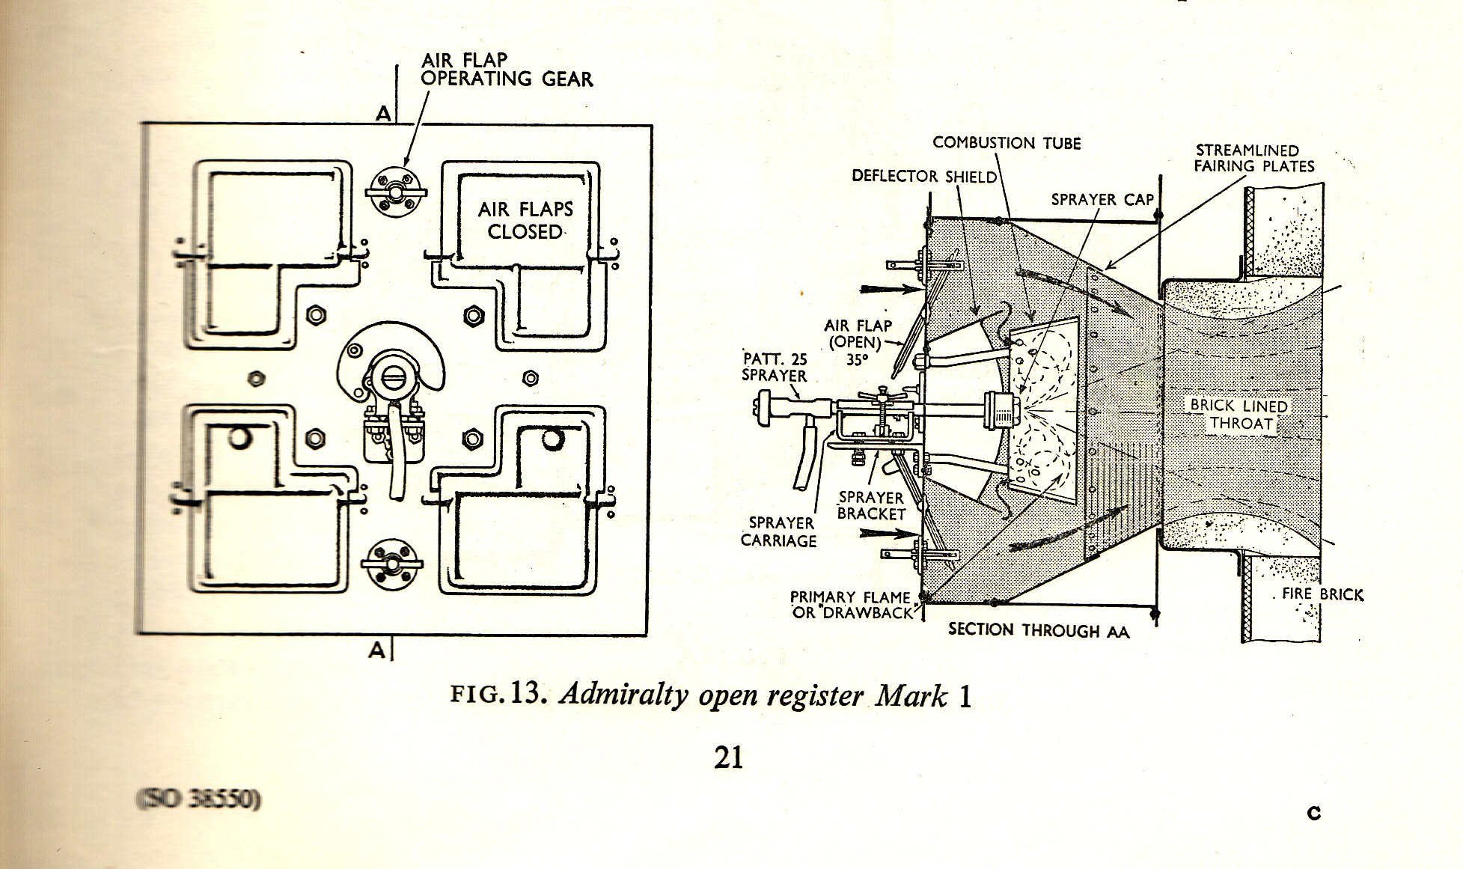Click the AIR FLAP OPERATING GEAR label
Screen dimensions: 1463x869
(507, 70)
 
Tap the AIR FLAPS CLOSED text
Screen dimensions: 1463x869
(525, 220)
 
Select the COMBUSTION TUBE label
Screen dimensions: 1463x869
(1007, 143)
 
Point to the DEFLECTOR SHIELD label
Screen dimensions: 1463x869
(924, 177)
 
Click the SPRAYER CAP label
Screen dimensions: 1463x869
(1102, 200)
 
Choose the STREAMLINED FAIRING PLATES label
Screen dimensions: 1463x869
(1253, 159)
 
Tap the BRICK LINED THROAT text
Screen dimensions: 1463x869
(1238, 415)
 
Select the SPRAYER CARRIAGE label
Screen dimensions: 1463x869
(778, 531)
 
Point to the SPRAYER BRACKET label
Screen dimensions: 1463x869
(871, 505)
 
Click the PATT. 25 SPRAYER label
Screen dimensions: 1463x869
(775, 367)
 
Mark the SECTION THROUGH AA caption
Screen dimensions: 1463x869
(1039, 630)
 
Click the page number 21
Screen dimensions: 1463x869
(729, 757)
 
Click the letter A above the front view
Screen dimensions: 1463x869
(383, 114)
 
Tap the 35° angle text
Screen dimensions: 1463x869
(857, 359)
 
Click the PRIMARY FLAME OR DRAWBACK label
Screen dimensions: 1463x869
(852, 605)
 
